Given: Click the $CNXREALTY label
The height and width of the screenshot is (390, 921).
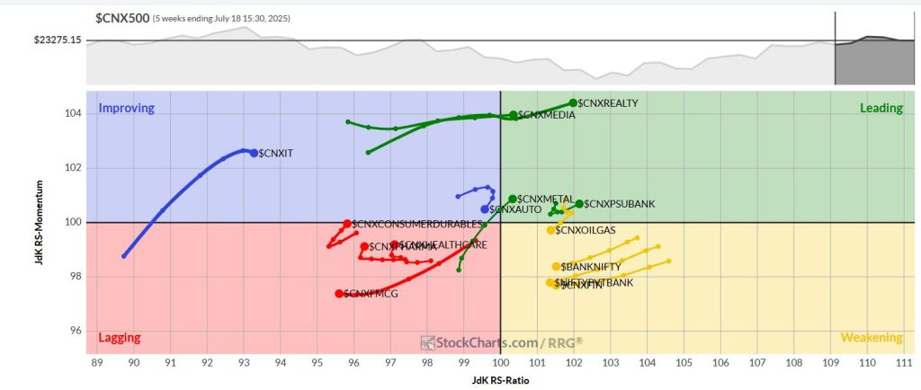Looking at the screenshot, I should [608, 103].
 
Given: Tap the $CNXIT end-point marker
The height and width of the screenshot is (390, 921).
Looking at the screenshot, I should [254, 153].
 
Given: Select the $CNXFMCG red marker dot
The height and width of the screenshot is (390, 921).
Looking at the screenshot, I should [339, 294].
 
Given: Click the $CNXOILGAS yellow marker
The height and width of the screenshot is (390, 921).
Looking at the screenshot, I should [551, 230].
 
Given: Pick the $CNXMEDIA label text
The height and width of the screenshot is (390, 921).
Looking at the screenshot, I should [550, 115].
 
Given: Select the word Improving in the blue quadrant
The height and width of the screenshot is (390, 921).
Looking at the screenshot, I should [127, 108].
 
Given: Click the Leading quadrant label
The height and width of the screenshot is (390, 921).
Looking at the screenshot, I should [881, 108].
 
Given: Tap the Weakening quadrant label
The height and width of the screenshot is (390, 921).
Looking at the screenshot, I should [871, 338].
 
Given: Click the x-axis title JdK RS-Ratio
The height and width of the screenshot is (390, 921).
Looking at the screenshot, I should [500, 380].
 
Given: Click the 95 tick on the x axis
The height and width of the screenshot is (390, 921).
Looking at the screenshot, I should [317, 362].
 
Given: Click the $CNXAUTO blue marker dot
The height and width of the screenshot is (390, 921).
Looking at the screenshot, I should [485, 209].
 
